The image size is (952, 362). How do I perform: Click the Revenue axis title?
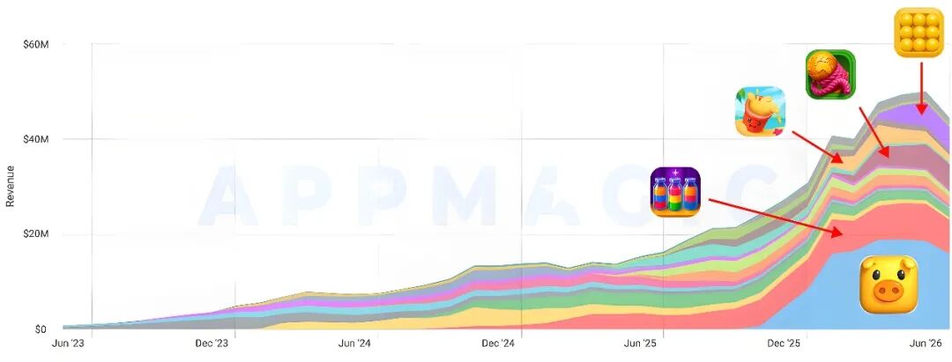pyautogui.click(x=10, y=186)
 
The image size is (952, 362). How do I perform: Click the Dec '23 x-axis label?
pyautogui.click(x=211, y=344)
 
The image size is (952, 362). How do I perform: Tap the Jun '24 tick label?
pyautogui.click(x=354, y=344)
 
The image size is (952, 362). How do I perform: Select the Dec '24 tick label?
pyautogui.click(x=497, y=344)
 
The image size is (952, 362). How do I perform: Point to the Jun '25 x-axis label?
pyautogui.click(x=641, y=344)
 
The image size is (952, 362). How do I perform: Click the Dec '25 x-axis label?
pyautogui.click(x=784, y=344)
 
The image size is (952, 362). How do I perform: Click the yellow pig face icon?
pyautogui.click(x=889, y=284)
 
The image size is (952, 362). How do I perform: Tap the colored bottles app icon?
pyautogui.click(x=675, y=192)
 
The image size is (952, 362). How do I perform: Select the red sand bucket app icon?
pyautogui.click(x=760, y=111)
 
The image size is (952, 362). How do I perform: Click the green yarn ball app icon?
pyautogui.click(x=830, y=75)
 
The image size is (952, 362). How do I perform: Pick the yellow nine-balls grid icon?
pyautogui.click(x=919, y=33)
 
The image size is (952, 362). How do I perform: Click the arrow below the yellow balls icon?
pyautogui.click(x=922, y=87)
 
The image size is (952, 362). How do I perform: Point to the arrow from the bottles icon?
pyautogui.click(x=776, y=218)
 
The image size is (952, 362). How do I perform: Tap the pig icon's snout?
pyautogui.click(x=889, y=293)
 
